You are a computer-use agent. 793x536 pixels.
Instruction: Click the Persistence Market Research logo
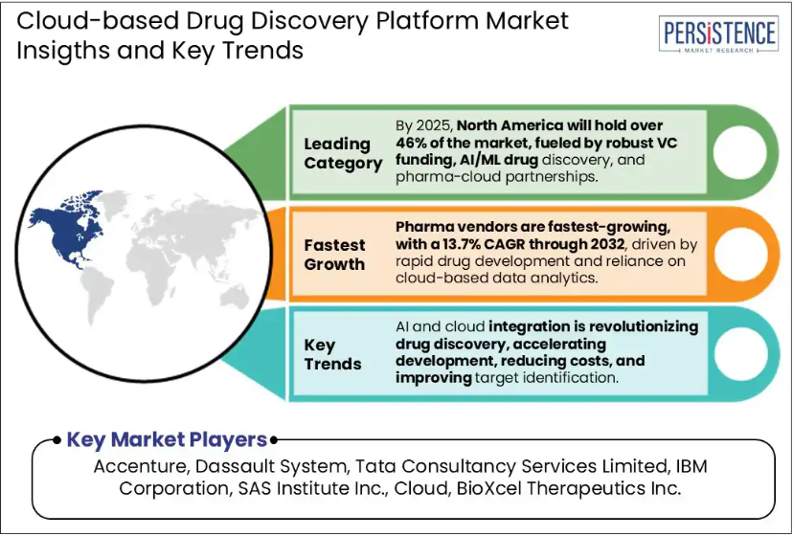pyautogui.click(x=718, y=34)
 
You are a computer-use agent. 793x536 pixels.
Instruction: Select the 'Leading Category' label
pyautogui.click(x=343, y=154)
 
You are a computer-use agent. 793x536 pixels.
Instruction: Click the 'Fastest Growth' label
pyautogui.click(x=334, y=255)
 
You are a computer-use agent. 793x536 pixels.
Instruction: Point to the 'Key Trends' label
pyautogui.click(x=332, y=354)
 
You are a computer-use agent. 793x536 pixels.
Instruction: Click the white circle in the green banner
pyautogui.click(x=740, y=151)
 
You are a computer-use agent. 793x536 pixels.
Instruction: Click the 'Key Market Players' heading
pyautogui.click(x=167, y=439)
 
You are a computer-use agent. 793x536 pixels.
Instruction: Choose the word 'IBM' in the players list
pyautogui.click(x=691, y=466)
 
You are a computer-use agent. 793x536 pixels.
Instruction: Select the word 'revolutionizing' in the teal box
pyautogui.click(x=644, y=326)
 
